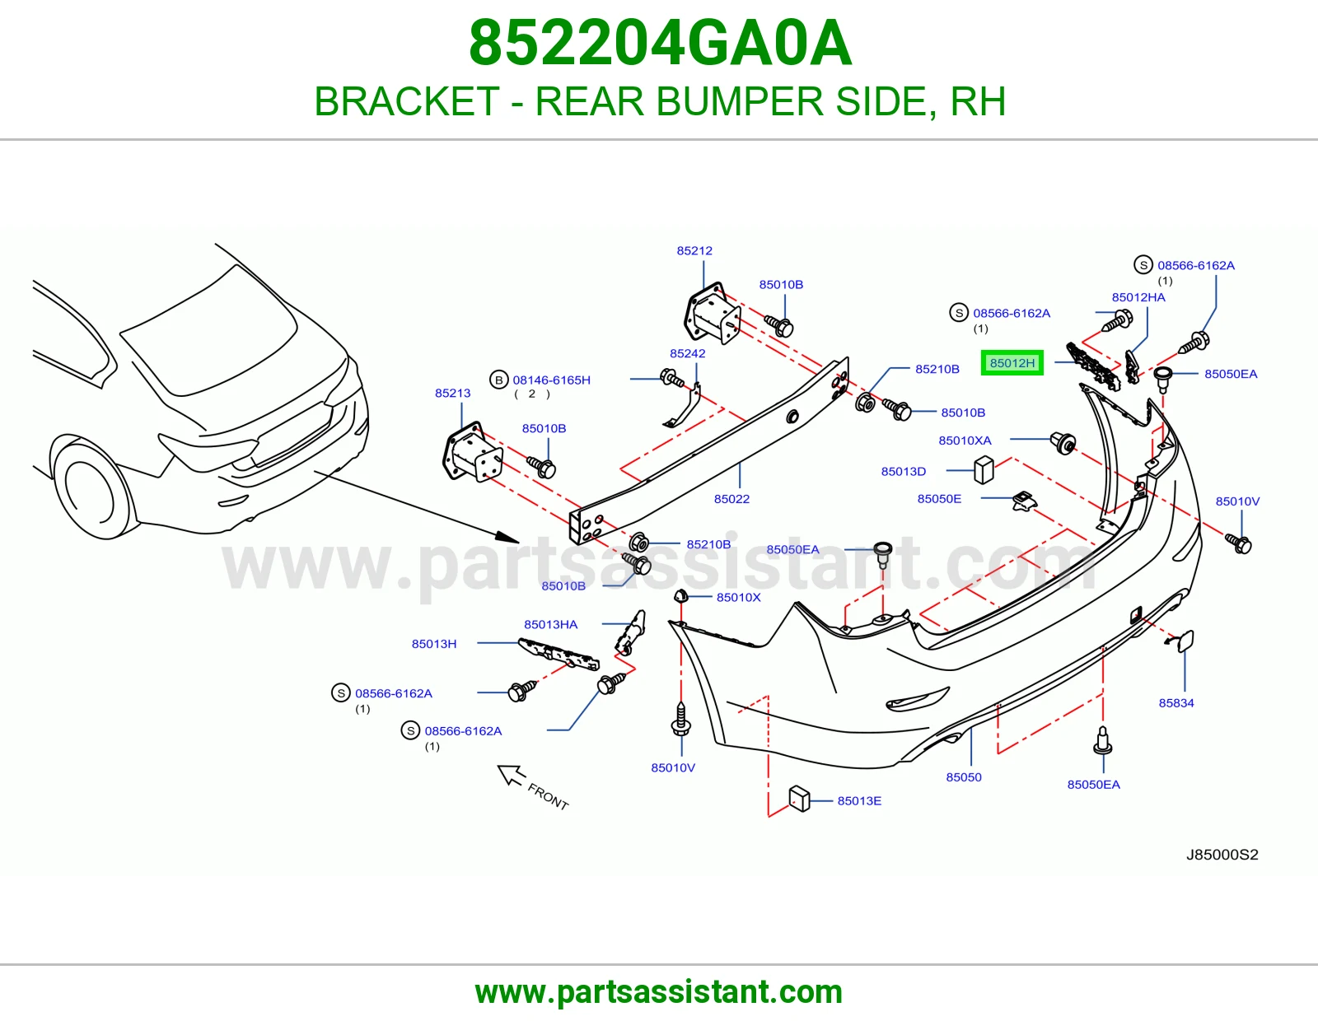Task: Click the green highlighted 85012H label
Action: point(1012,363)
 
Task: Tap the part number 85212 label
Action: point(694,250)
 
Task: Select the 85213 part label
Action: point(452,393)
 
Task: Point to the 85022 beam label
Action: point(731,499)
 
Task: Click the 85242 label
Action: point(687,353)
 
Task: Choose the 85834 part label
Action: point(1176,703)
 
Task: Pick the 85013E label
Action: point(859,801)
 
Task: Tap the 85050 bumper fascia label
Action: point(964,777)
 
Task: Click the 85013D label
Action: point(903,472)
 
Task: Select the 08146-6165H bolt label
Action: point(551,380)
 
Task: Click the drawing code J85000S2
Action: point(1222,855)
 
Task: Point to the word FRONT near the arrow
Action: point(548,797)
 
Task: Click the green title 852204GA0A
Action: point(661,43)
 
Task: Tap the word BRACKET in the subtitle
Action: point(406,101)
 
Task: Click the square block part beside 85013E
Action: point(799,799)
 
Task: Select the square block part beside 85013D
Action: point(984,470)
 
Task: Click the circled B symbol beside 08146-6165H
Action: point(498,380)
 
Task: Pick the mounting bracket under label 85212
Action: point(712,313)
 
